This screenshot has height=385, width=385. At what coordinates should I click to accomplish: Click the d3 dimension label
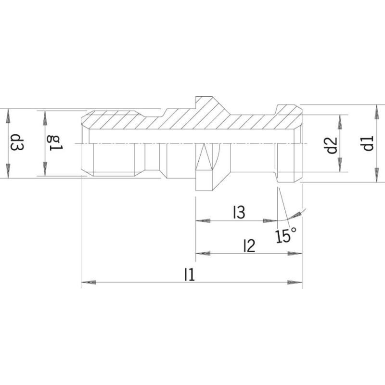coord(17,142)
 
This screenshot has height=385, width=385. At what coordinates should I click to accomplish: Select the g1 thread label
coord(55,143)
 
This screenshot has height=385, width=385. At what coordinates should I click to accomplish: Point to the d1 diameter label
coord(368,143)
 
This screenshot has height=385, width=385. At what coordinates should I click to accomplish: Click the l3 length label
coord(239,212)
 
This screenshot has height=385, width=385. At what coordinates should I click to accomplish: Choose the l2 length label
coord(249,246)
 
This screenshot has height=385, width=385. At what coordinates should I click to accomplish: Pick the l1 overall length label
coord(189,274)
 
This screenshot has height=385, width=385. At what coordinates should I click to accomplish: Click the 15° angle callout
coord(286,235)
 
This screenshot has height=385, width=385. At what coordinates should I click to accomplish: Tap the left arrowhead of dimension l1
coord(89,282)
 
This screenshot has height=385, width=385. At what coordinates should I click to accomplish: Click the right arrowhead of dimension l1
coord(295,282)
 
